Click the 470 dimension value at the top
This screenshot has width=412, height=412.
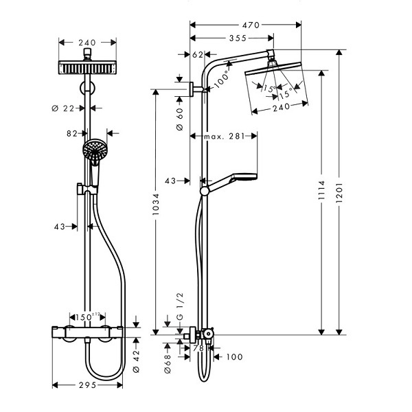pos(251,25)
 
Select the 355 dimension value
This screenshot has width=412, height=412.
pos(238,38)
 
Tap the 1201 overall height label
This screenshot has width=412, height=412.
pos(339,192)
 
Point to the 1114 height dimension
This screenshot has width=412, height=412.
pos(321,190)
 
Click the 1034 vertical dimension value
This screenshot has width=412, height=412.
pos(156,204)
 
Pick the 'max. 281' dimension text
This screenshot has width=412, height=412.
pos(225,136)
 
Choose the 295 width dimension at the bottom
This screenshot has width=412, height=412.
pos(87,385)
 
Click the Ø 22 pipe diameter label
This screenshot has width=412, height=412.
pos(63,108)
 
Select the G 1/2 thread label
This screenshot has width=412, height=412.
pos(180,306)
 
